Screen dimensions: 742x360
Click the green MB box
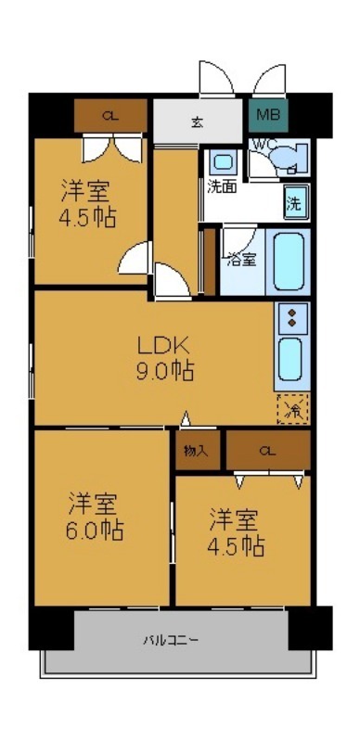(x=267, y=116)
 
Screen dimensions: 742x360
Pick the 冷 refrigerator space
(x=293, y=408)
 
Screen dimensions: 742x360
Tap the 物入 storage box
(x=196, y=452)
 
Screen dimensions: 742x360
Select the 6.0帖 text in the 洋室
(x=95, y=531)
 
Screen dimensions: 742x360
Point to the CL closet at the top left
(x=110, y=116)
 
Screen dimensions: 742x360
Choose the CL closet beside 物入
(x=267, y=452)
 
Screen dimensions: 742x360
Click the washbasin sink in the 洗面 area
(x=223, y=160)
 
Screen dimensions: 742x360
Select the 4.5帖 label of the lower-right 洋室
(x=236, y=545)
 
